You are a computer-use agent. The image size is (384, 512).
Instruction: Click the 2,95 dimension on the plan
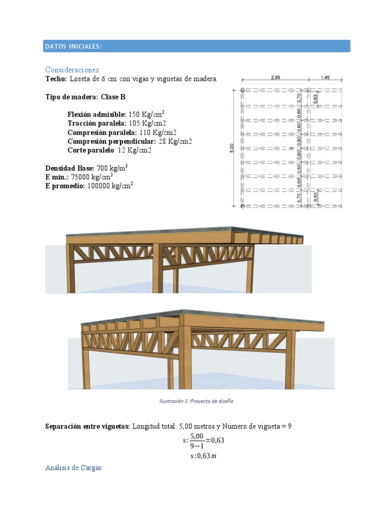pos(275,77)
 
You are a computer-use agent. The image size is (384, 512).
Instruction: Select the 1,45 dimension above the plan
pos(325,77)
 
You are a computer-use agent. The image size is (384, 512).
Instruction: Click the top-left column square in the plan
pos(242,90)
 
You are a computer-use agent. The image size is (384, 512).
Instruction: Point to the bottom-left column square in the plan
pos(242,205)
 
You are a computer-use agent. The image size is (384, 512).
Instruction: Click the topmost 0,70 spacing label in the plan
pos(299,98)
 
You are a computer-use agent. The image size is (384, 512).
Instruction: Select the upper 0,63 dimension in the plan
pos(315,99)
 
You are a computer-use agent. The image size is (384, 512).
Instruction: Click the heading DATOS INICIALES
pos(73,46)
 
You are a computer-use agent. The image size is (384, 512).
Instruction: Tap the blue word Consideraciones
pos(73,69)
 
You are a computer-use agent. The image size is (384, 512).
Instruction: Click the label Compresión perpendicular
pos(112,141)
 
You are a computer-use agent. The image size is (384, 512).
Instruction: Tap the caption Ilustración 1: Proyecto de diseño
pos(196,401)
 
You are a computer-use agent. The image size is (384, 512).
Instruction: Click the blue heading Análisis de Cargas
pos(73,467)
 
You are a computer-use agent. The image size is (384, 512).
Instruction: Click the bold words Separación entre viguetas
pos(87,426)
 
